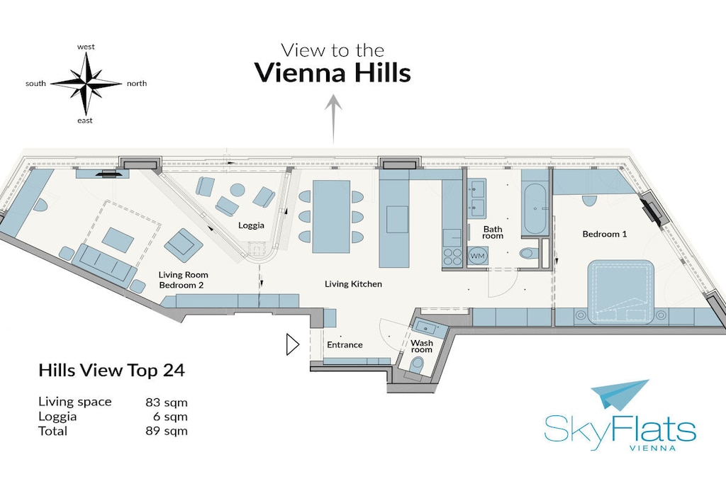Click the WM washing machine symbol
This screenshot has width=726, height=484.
(x=477, y=256)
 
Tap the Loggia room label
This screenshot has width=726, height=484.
(x=251, y=225)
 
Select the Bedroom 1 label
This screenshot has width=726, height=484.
(x=604, y=234)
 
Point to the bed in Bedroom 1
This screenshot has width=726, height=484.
(x=620, y=291)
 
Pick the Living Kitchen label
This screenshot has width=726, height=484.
(x=353, y=284)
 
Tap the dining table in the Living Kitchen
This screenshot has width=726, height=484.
(x=331, y=217)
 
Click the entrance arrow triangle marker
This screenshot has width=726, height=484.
(x=293, y=344)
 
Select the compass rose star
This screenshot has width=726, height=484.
(x=86, y=84)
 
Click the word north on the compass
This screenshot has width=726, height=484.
(x=137, y=84)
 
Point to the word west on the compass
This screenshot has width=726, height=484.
(x=86, y=47)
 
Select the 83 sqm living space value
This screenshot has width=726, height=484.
(x=167, y=402)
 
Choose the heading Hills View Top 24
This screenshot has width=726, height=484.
(x=111, y=370)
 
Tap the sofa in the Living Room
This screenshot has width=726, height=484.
(x=106, y=262)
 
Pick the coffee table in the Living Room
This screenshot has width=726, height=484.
(x=118, y=240)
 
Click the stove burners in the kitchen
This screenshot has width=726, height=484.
(x=452, y=257)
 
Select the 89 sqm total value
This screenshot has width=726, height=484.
(x=167, y=431)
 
